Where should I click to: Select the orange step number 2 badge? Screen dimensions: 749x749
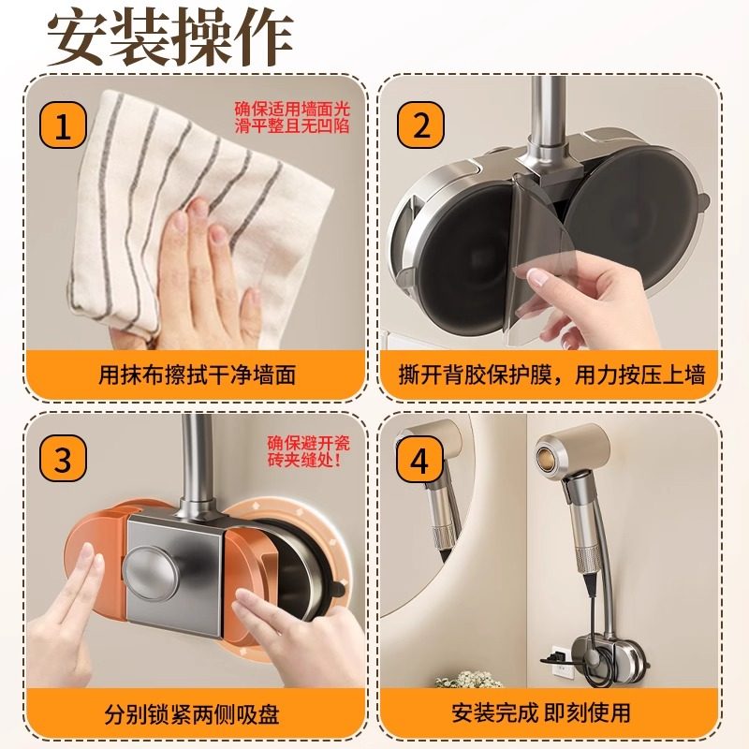point(419,126)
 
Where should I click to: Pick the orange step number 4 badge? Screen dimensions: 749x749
point(419,460)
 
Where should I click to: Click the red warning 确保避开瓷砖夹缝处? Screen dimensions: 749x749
point(305,450)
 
